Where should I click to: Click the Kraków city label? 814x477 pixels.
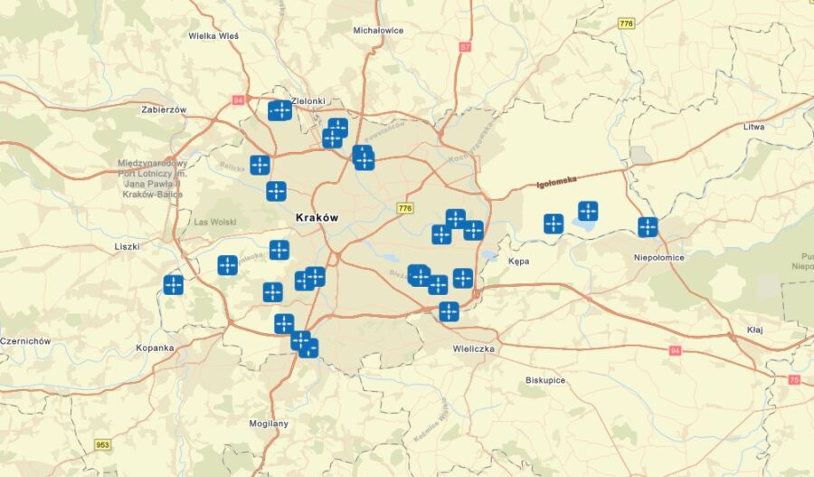[x=317, y=218]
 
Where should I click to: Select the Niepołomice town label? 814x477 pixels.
[x=658, y=257]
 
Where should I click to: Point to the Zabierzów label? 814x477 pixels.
[x=164, y=110]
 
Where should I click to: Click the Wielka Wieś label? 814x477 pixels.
[x=213, y=36]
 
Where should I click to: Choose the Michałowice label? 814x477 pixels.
[x=378, y=30]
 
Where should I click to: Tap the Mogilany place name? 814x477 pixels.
[x=269, y=423]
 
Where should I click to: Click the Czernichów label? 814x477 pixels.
[x=25, y=341]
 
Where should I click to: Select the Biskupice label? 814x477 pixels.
[x=545, y=380]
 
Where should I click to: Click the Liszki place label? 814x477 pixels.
[x=127, y=246]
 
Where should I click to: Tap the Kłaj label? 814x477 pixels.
[x=754, y=329]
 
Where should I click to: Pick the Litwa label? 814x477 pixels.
[x=753, y=127]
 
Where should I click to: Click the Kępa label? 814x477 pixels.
[x=518, y=261]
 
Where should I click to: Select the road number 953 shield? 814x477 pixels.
[x=103, y=444]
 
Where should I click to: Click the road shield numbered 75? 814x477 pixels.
[x=794, y=380]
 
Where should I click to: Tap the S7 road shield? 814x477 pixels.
[x=465, y=46]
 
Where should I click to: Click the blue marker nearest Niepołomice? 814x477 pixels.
[x=648, y=227]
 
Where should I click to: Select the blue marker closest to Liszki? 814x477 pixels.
[x=174, y=284]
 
